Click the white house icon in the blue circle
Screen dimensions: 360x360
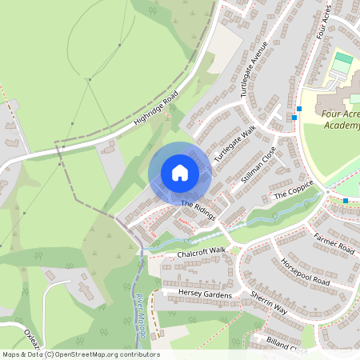tap(180, 173)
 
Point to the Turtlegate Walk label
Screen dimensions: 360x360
tap(234, 142)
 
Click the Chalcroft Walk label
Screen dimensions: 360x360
tap(202, 253)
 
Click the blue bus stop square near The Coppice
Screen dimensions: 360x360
tap(345, 200)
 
